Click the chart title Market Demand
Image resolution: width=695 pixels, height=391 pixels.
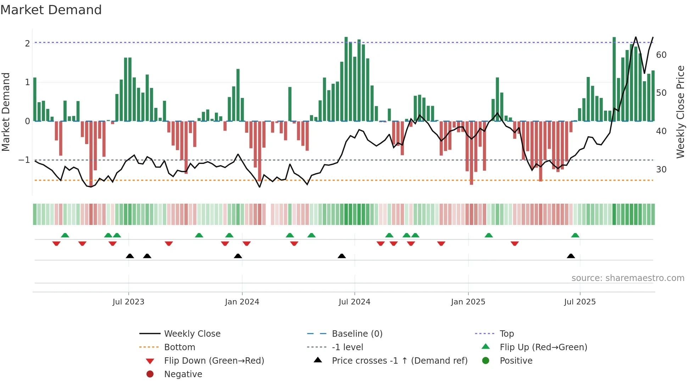pyautogui.click(x=51, y=10)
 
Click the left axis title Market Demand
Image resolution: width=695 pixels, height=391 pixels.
pyautogui.click(x=6, y=112)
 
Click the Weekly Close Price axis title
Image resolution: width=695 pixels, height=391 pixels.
pyautogui.click(x=680, y=112)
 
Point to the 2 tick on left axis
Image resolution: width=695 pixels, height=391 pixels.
pyautogui.click(x=27, y=44)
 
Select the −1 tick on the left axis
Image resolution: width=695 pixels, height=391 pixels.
pyautogui.click(x=24, y=160)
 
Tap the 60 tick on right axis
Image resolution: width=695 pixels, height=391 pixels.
pyautogui.click(x=661, y=55)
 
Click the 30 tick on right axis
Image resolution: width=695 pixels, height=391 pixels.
pyautogui.click(x=661, y=170)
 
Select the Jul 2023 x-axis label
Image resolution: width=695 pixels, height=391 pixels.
pyautogui.click(x=128, y=302)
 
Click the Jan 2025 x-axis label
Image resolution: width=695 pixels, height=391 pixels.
pyautogui.click(x=468, y=302)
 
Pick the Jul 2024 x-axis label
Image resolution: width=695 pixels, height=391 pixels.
pyautogui.click(x=354, y=302)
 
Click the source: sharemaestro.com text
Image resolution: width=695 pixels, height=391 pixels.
pyautogui.click(x=628, y=278)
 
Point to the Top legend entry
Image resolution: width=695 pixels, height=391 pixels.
pyautogui.click(x=506, y=334)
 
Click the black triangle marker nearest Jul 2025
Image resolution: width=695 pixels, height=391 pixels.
pyautogui.click(x=571, y=256)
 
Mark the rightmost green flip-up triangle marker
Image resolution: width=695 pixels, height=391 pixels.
pyautogui.click(x=575, y=235)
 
